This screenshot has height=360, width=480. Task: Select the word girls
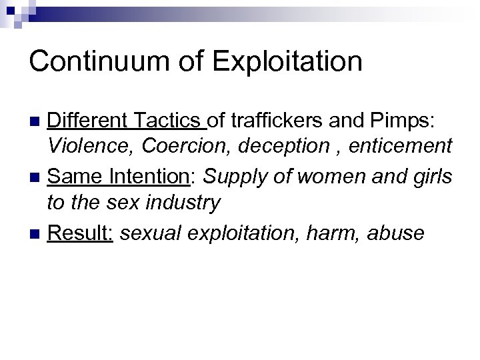tap(434, 177)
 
